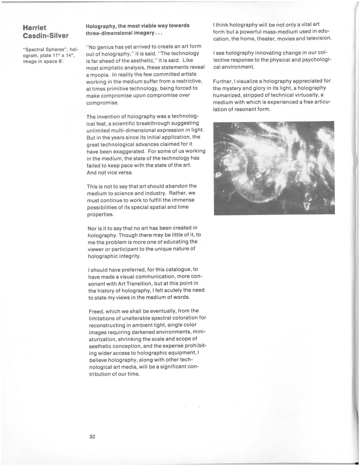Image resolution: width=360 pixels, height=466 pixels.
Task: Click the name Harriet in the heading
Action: [x=34, y=28]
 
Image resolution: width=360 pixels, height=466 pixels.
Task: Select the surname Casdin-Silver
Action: [x=46, y=36]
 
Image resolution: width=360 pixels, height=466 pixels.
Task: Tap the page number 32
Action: [x=92, y=437]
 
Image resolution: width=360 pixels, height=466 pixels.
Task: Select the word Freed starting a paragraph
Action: [x=96, y=311]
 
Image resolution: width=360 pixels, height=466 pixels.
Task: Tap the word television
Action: [x=314, y=38]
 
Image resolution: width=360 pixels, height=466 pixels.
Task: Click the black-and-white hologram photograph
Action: [x=274, y=168]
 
